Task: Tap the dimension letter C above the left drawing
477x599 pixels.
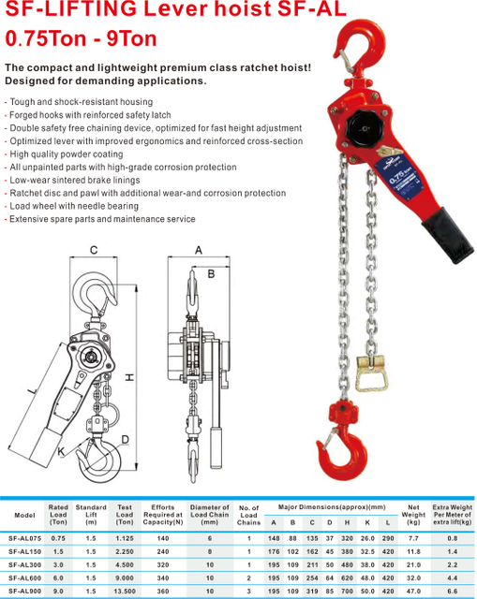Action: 93,250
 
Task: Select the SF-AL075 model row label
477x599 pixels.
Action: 25,538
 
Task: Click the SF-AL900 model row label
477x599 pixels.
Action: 25,592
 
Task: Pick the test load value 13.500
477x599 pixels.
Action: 124,592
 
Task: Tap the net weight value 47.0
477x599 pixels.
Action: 413,592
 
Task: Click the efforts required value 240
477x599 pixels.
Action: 163,552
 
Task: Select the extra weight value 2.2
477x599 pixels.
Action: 453,565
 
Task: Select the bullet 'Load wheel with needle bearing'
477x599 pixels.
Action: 71,206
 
